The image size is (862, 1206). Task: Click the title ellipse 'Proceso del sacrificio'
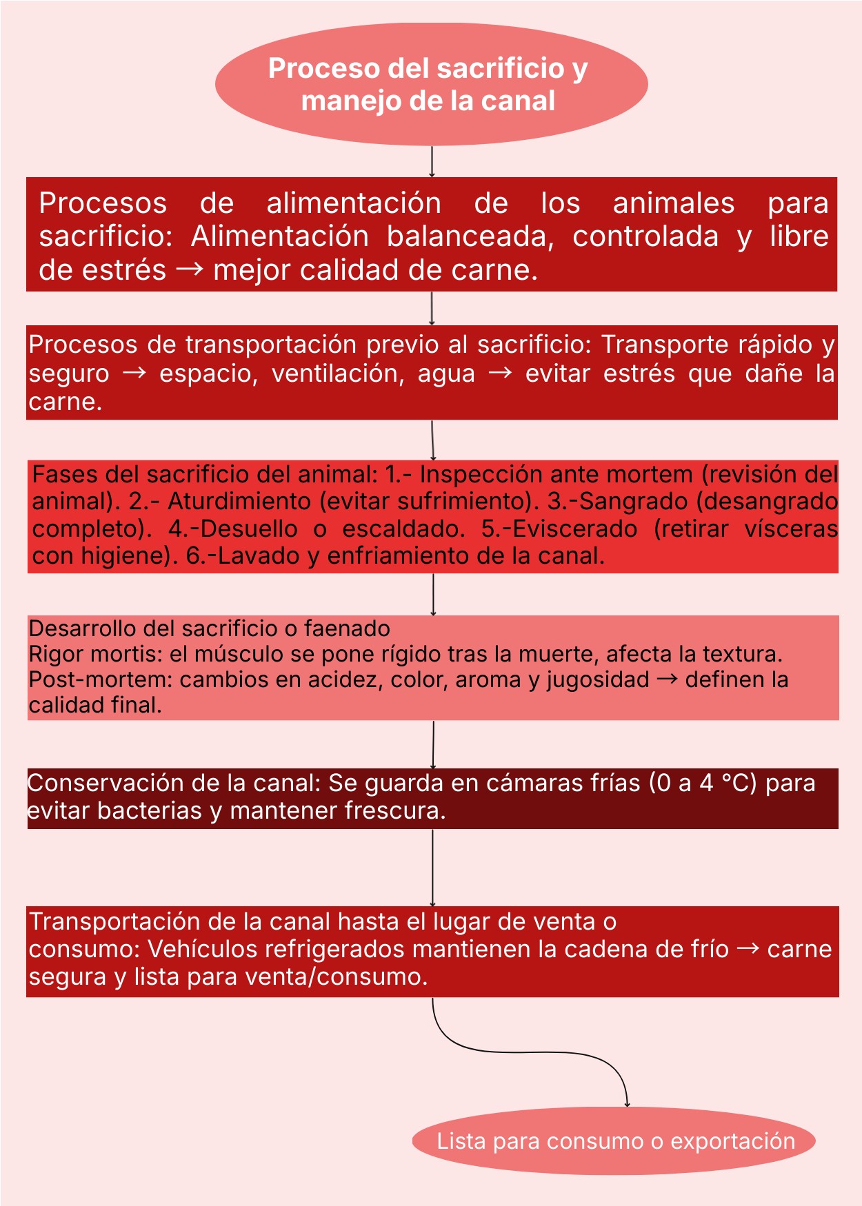click(x=431, y=83)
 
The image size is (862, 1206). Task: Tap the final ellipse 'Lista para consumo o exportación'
click(x=614, y=1141)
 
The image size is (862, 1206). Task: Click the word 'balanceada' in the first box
click(x=469, y=236)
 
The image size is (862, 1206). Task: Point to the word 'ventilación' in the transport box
click(x=337, y=374)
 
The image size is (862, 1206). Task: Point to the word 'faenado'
click(x=347, y=628)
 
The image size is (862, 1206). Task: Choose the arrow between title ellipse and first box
click(x=432, y=161)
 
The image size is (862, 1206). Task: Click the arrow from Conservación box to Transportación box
click(x=432, y=867)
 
